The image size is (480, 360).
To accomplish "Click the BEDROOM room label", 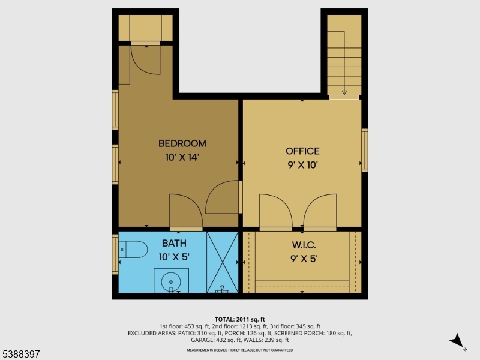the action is (x=182, y=143).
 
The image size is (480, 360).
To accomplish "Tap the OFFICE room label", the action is (x=302, y=151).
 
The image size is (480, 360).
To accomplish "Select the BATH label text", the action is (x=174, y=244).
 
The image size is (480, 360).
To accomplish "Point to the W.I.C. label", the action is (x=304, y=245).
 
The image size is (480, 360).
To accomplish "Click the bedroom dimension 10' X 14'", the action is (x=182, y=157).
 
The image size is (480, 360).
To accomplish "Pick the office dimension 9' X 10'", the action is (x=302, y=166).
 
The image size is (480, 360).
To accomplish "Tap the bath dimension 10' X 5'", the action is (x=174, y=257).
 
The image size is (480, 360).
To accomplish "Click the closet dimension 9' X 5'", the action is (x=304, y=259).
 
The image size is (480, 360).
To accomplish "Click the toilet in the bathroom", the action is (x=133, y=250).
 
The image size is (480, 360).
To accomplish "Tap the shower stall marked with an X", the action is (x=223, y=262).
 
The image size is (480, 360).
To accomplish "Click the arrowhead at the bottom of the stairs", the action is (x=344, y=92).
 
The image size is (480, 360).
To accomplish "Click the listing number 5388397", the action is (x=20, y=354).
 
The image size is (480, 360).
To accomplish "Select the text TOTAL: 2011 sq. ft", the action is (x=239, y=320).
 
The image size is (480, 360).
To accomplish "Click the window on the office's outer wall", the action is (x=365, y=150).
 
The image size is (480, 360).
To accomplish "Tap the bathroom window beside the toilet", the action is (x=115, y=254).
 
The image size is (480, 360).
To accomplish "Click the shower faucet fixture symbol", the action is (x=222, y=289).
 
